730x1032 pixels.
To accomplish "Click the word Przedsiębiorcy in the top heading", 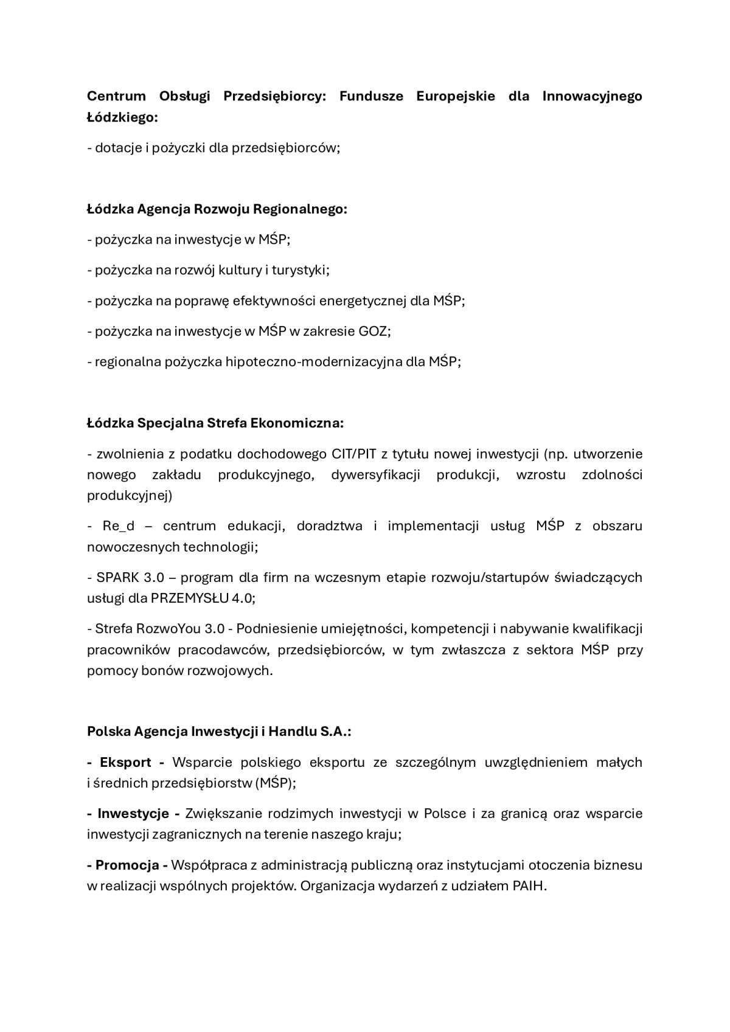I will click(274, 96).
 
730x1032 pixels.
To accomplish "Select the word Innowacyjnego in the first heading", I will click(592, 96).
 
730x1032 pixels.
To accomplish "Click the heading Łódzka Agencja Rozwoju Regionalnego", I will click(217, 209).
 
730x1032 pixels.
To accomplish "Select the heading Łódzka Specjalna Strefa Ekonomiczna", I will click(215, 423).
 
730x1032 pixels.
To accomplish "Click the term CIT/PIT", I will click(354, 454).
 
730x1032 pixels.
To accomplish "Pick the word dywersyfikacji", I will click(375, 475).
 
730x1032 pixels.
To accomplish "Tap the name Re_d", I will click(119, 526).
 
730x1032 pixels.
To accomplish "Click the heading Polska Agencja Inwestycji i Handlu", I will click(219, 732).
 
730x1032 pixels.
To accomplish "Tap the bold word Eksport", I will click(125, 763).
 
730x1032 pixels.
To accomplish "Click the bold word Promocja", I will click(127, 865).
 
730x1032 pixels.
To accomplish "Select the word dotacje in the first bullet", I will click(118, 148).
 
